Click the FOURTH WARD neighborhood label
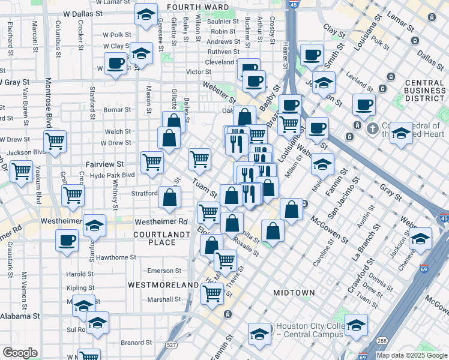point(197,7)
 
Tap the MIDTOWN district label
point(294,292)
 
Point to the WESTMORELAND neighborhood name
point(163,284)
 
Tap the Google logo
point(20,352)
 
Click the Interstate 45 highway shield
point(293,4)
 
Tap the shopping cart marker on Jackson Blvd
point(55,142)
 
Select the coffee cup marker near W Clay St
point(116,63)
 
